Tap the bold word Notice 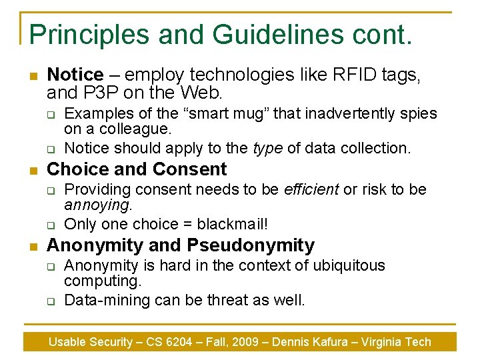75,75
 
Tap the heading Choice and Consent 137,169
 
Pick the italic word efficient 311,189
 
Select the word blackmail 228,224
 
